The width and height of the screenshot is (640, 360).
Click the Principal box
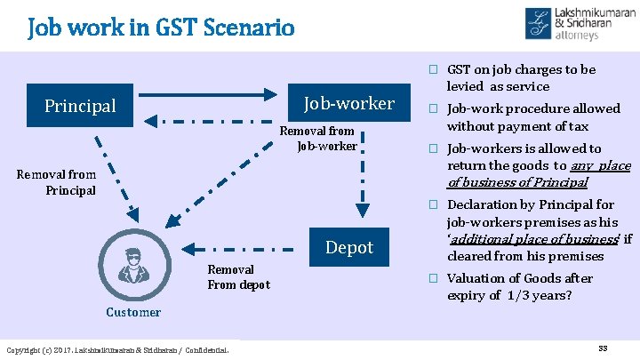tap(80, 106)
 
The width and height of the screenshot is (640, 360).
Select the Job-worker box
tap(349, 104)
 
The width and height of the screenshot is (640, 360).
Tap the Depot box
tap(349, 247)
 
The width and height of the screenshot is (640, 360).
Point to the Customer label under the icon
tap(133, 312)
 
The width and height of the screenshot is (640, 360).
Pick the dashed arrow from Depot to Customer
tap(240, 249)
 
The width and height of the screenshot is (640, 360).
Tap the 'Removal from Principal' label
tap(56, 182)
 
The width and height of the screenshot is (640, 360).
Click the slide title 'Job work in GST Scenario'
tap(161, 28)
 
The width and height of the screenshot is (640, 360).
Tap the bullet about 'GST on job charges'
tap(521, 77)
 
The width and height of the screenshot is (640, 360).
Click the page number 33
tap(602, 347)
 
